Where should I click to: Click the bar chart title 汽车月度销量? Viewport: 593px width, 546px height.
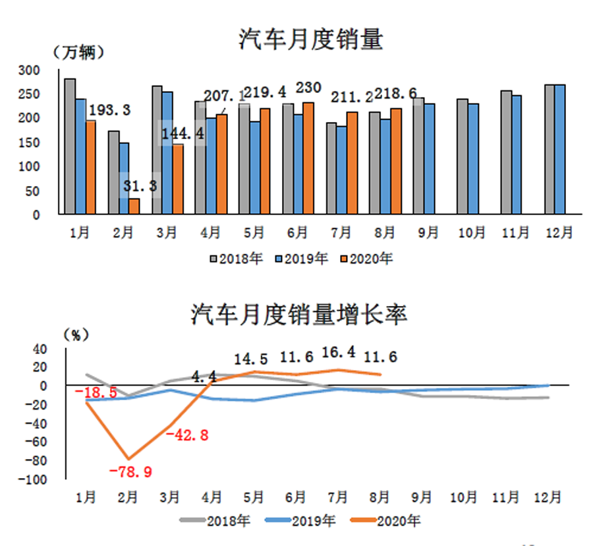coord(310,40)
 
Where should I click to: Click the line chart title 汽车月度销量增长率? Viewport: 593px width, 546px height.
coord(299,314)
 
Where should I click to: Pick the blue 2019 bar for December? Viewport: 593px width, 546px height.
coord(559,149)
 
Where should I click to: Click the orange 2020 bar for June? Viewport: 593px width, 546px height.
coord(308,158)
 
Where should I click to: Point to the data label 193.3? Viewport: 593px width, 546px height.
coord(109,109)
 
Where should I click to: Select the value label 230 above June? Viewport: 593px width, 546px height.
coord(308,88)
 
